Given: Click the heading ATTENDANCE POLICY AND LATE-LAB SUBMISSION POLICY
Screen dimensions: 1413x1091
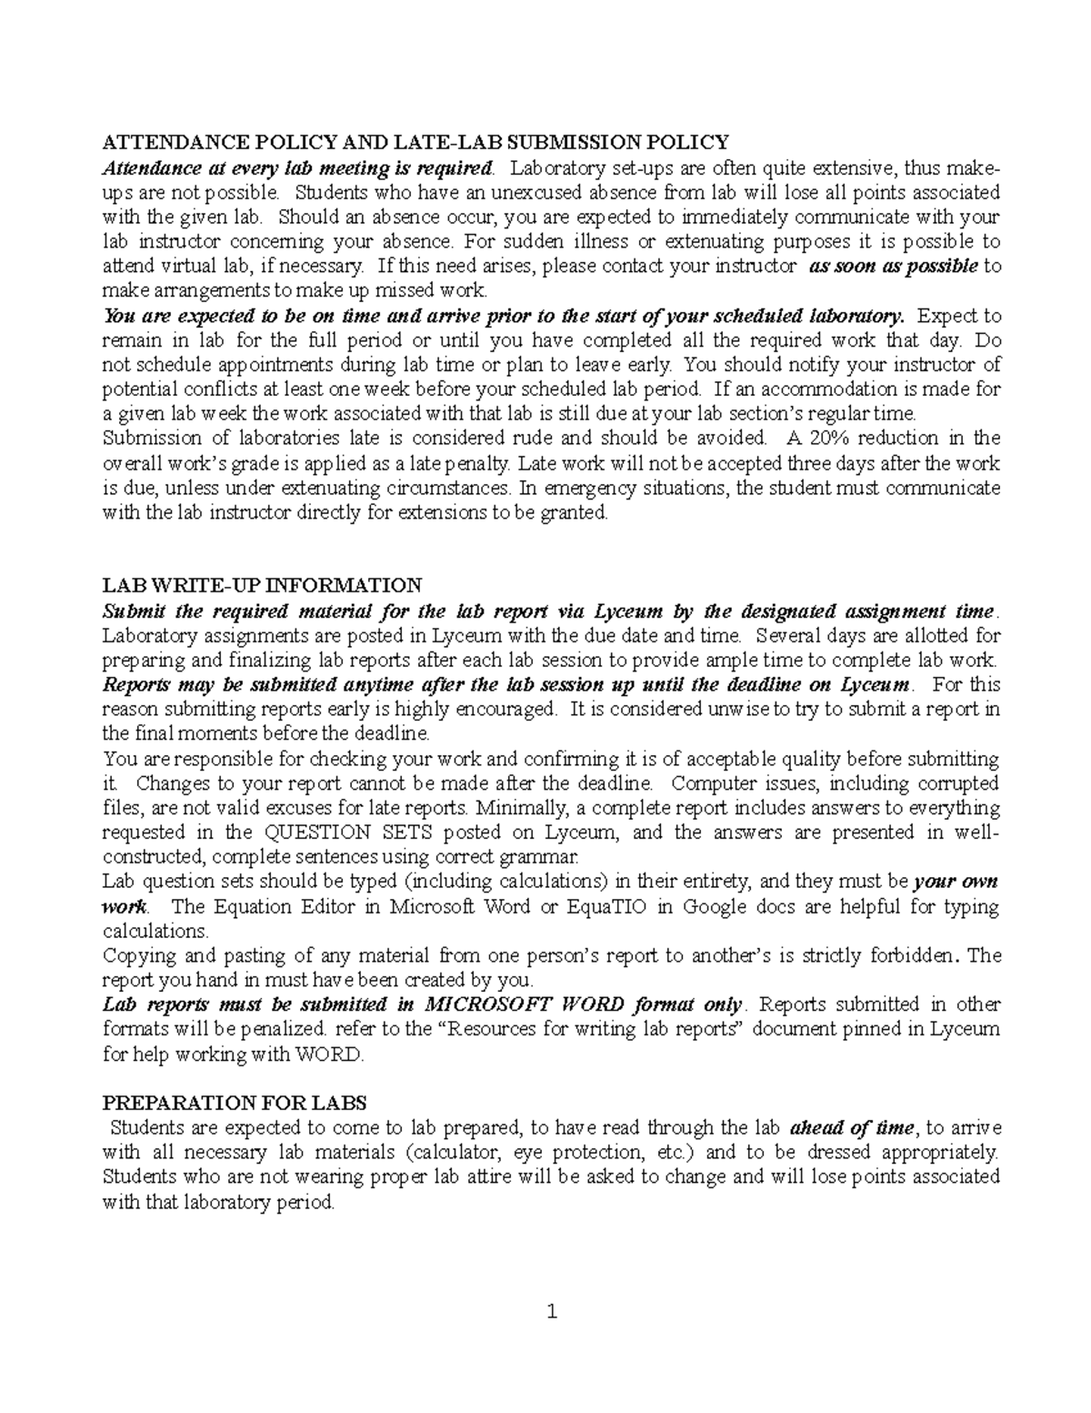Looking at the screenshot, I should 415,142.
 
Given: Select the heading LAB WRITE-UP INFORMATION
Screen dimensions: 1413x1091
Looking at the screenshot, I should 262,585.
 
